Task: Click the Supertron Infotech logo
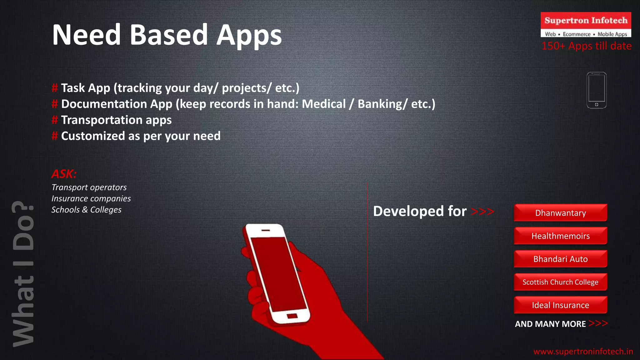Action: tap(586, 24)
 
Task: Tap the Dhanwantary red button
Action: tap(560, 213)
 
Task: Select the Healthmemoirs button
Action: tap(560, 236)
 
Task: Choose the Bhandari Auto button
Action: tap(560, 259)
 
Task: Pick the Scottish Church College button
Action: tap(560, 282)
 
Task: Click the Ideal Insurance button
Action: tap(560, 305)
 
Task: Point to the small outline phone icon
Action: tap(596, 90)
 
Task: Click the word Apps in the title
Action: tap(249, 35)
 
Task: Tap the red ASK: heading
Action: tap(64, 174)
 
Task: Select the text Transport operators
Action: tap(89, 187)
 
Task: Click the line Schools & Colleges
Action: tap(86, 210)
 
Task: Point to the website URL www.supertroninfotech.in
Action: tap(583, 352)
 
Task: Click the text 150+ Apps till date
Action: tap(587, 46)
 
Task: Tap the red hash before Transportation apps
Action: tap(55, 120)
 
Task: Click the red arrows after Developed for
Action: tap(482, 212)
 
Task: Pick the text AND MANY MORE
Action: tap(550, 324)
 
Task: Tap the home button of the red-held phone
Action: tap(292, 316)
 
